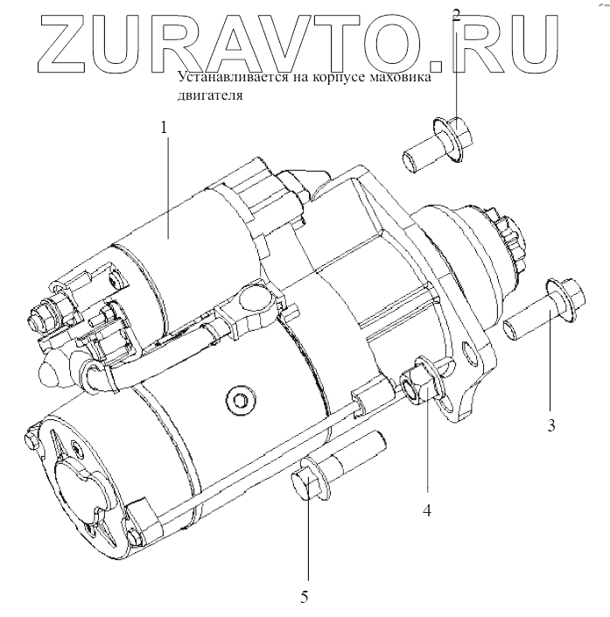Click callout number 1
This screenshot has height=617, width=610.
point(163,128)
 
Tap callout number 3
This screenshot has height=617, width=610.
point(550,427)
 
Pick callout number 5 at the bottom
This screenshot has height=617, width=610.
point(305,597)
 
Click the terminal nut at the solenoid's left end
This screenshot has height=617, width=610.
point(44,312)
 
